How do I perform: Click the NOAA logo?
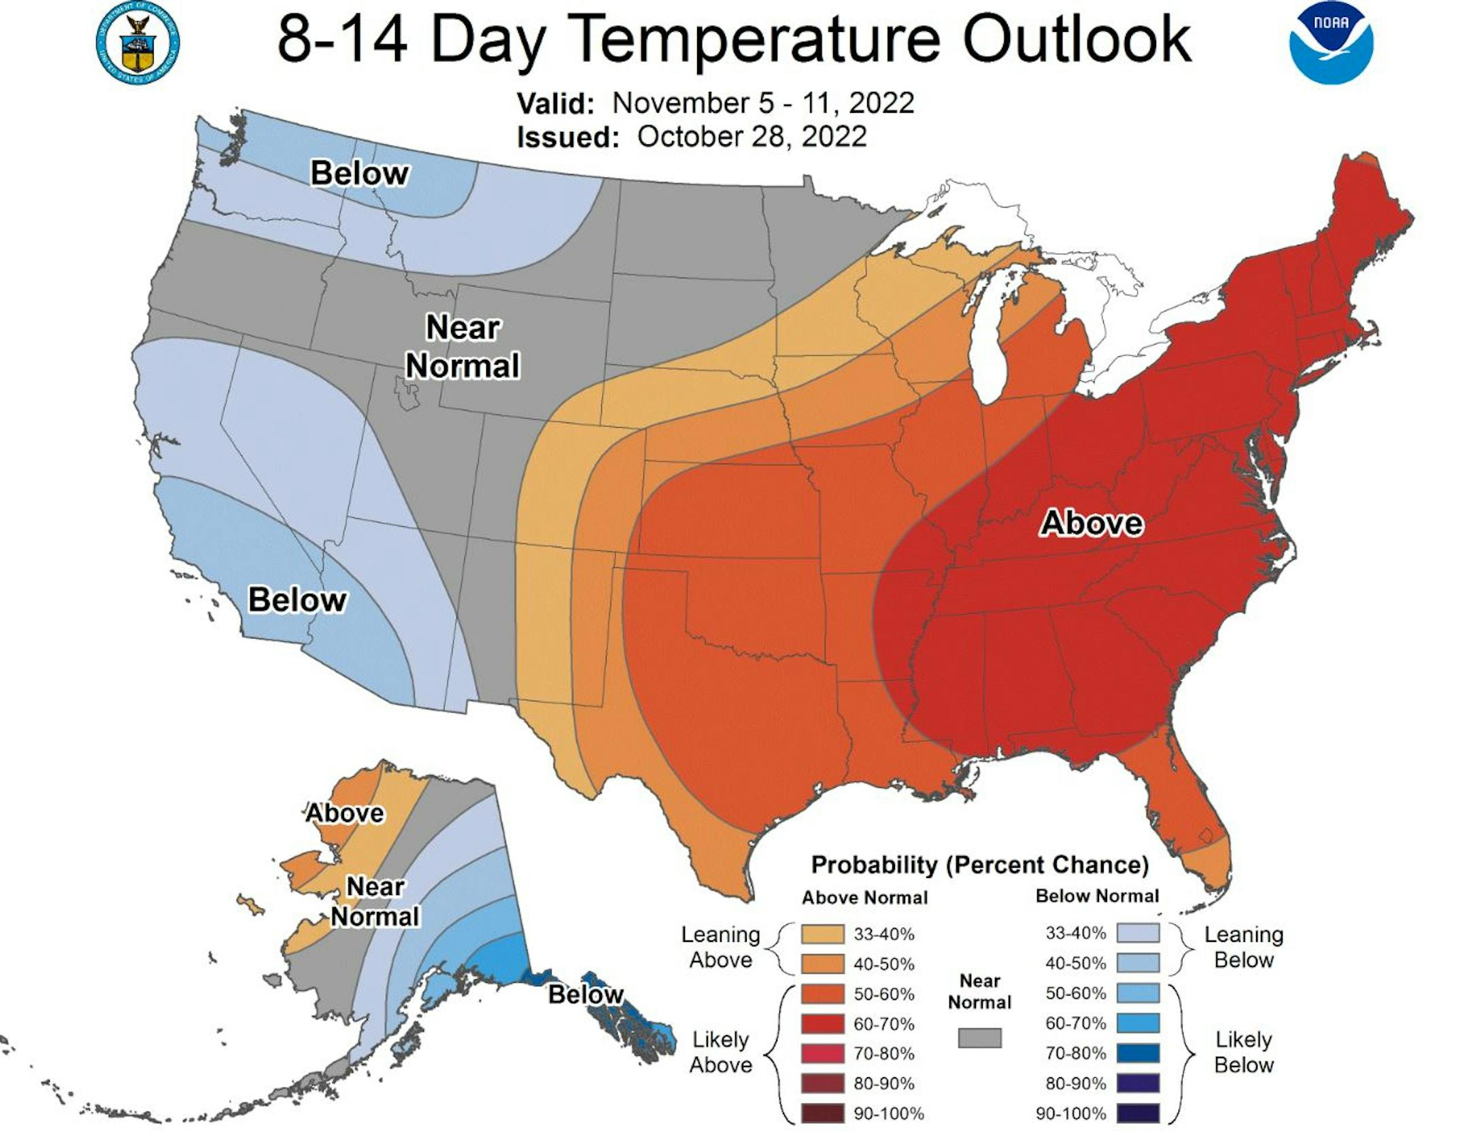coord(1331,42)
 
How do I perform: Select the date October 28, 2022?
coord(752,137)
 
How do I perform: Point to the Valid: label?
coord(556,104)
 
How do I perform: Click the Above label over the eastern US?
coord(1092,523)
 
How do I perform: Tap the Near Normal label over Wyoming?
coord(463,347)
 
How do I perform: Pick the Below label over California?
coord(297,600)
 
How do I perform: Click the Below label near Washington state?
coord(360,173)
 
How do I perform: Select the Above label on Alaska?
coord(345,813)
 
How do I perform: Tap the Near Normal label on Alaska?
coord(375,902)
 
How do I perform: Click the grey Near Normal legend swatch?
coord(979,1038)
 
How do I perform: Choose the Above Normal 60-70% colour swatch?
coord(822,1024)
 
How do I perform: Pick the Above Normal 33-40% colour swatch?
coord(822,934)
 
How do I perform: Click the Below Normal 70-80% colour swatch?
coord(1138,1053)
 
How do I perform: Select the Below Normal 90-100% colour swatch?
coord(1138,1113)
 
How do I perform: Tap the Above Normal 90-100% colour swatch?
coord(822,1114)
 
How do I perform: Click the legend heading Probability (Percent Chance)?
coord(979,865)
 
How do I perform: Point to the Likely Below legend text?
coord(1243,1051)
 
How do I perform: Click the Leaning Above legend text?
coord(720,947)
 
